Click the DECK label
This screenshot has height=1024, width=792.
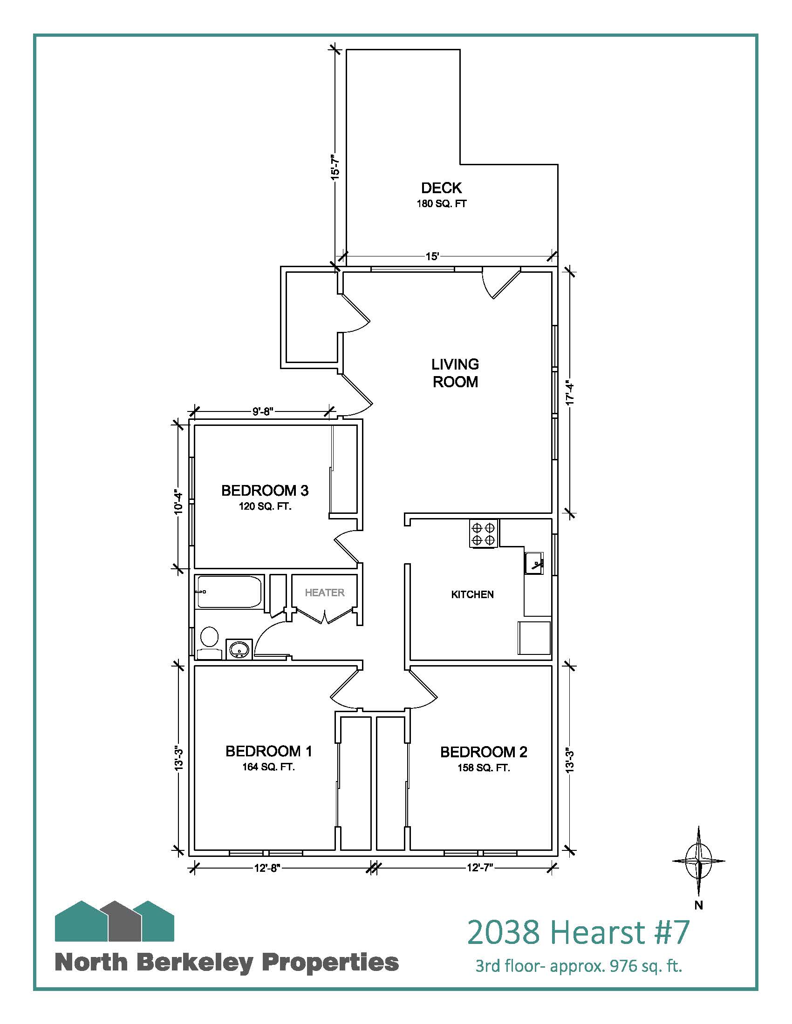441,188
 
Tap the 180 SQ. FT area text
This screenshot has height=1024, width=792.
442,204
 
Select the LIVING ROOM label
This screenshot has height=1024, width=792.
455,373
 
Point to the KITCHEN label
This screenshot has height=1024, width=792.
472,594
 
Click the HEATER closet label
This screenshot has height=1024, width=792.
325,593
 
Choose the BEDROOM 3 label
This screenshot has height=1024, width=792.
265,491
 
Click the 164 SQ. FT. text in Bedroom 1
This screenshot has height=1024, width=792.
268,768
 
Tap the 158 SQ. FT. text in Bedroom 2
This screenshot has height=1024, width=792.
484,768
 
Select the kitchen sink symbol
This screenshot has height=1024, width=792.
534,563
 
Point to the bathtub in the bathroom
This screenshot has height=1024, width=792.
229,592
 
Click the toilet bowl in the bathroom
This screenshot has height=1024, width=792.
209,637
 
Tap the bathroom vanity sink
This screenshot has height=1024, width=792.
240,649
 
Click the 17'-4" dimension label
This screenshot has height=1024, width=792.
570,391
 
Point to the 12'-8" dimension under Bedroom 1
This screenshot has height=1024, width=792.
267,868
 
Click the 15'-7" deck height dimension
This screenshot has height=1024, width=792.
335,168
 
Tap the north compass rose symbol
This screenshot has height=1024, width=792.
699,861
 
